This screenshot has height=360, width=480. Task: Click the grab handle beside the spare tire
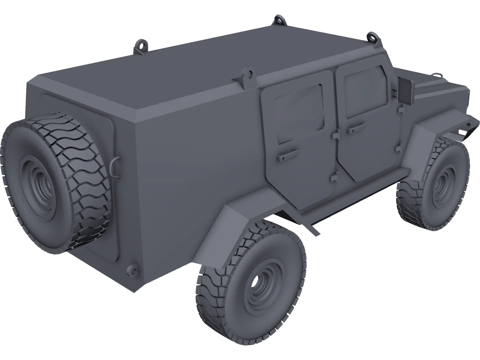coord(115,166)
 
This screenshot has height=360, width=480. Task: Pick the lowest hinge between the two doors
coord(333,178)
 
